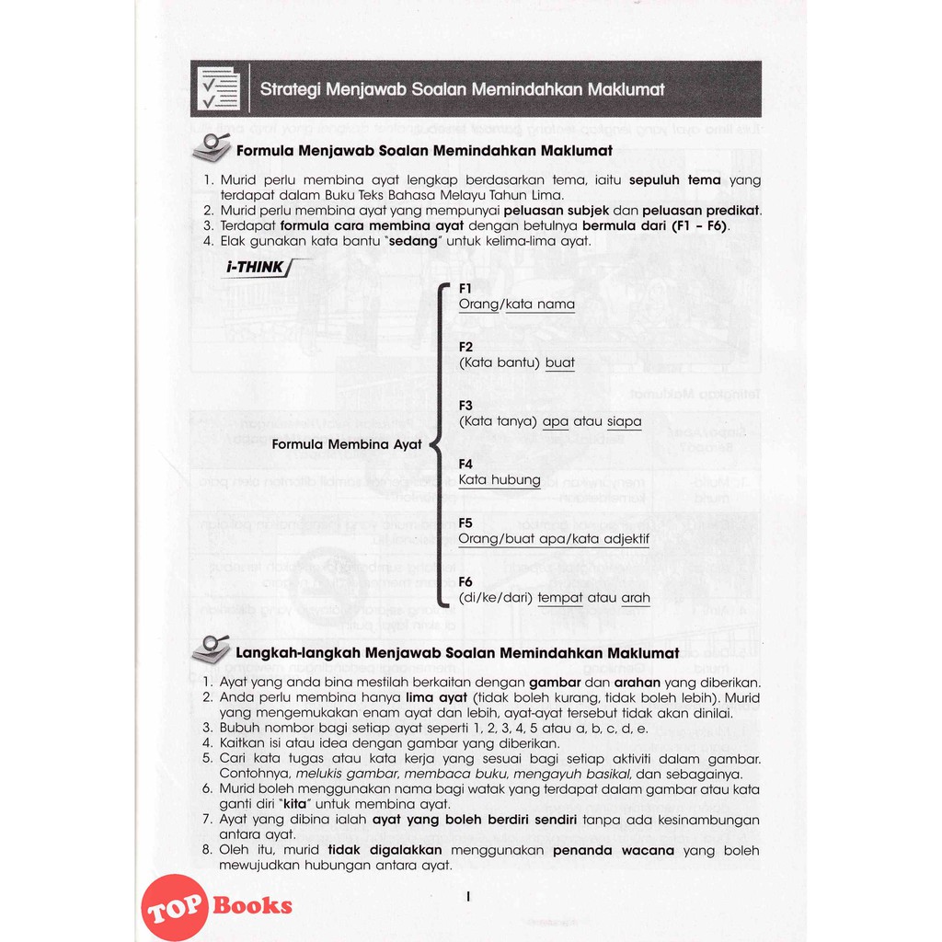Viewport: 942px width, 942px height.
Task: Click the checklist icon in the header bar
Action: click(219, 89)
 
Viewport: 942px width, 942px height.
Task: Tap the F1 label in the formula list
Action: click(465, 288)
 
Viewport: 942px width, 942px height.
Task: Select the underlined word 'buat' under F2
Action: click(560, 362)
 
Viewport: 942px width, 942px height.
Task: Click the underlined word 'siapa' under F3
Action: click(625, 421)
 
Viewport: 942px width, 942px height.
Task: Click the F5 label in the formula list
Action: click(465, 523)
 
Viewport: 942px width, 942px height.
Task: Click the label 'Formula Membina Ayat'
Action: click(347, 444)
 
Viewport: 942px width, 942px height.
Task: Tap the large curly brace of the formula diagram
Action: click(442, 444)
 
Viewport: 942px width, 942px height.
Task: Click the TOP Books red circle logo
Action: click(174, 906)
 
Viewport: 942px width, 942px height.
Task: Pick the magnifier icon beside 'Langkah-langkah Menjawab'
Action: click(211, 649)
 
